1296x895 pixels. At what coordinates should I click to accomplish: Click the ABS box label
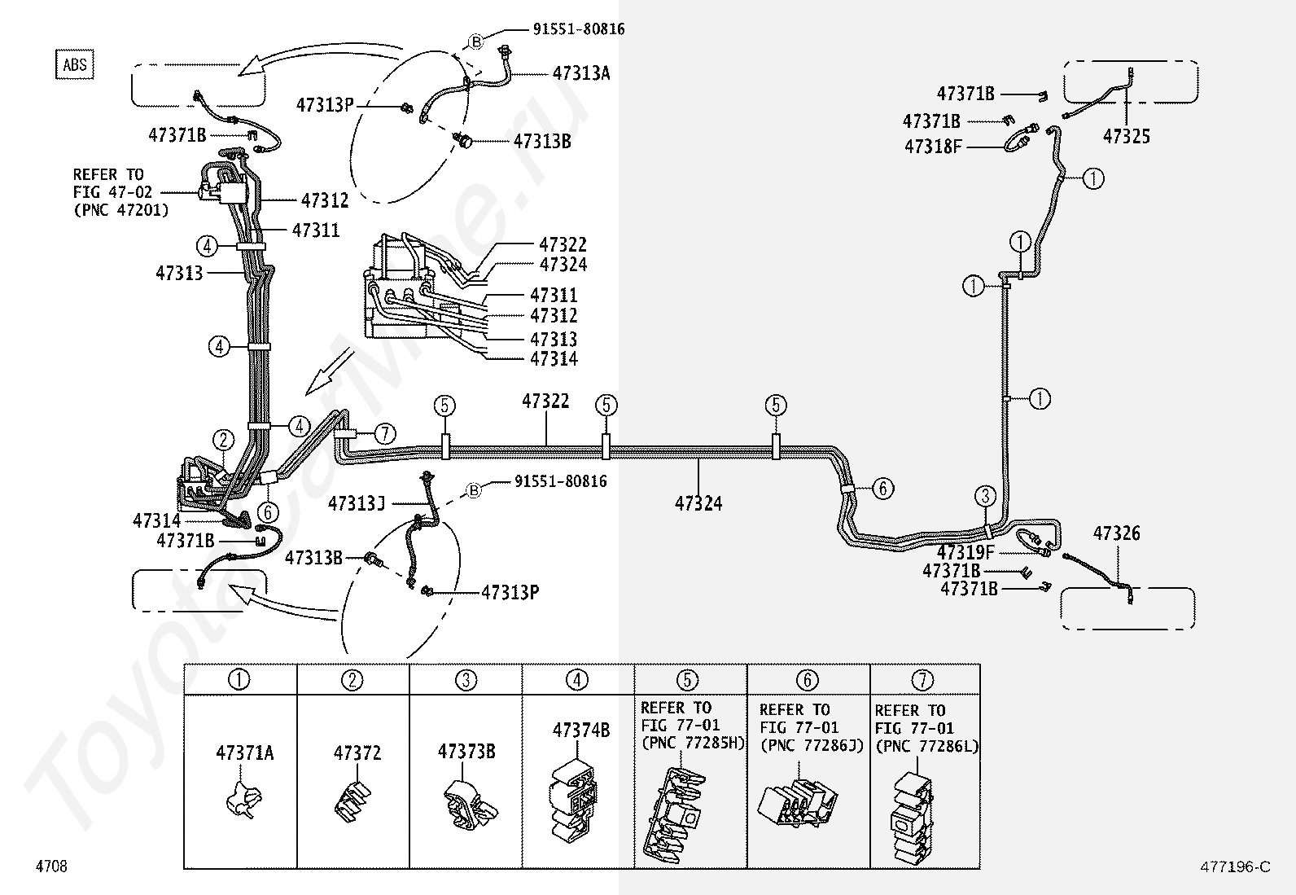(x=75, y=65)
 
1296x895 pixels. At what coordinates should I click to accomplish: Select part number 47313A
(x=581, y=72)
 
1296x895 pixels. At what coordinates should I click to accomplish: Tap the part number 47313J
(x=356, y=503)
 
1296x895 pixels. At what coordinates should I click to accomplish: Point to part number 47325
(x=1127, y=136)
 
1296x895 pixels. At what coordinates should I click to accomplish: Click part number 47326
(x=1116, y=533)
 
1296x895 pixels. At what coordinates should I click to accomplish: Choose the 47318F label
(x=933, y=147)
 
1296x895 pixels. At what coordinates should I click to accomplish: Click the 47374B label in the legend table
(x=581, y=730)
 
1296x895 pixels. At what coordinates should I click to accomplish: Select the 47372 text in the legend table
(x=357, y=753)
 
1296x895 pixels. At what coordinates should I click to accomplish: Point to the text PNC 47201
(x=121, y=210)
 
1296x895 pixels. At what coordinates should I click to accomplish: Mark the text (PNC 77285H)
(x=693, y=744)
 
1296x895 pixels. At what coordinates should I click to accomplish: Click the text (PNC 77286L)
(x=927, y=746)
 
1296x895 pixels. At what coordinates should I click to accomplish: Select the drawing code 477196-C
(x=1235, y=866)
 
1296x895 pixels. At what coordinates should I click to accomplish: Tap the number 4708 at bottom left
(x=51, y=866)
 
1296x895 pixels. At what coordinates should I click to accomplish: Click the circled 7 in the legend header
(x=922, y=679)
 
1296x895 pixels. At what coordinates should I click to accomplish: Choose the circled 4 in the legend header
(x=577, y=679)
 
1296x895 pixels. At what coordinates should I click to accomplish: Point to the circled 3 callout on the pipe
(x=985, y=496)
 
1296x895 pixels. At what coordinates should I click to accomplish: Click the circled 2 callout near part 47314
(x=223, y=440)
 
